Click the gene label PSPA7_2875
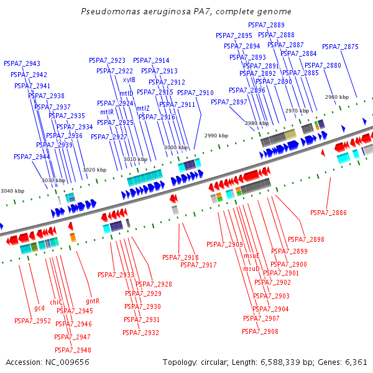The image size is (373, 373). (x=340, y=47)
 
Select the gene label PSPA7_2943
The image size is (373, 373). (x=22, y=63)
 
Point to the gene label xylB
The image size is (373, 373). (x=129, y=80)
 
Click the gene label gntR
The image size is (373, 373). (x=93, y=301)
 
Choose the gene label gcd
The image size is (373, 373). (x=39, y=308)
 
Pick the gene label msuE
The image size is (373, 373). (x=252, y=256)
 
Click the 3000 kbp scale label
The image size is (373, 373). (x=175, y=147)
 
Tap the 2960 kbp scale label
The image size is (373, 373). (x=337, y=97)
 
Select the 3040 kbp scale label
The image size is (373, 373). (x=12, y=191)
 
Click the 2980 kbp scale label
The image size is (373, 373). (x=256, y=123)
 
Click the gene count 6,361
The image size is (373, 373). (x=356, y=362)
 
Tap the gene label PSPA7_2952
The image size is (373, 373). (x=32, y=321)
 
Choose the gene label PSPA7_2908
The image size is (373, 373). (x=260, y=331)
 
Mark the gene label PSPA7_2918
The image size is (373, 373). (x=180, y=257)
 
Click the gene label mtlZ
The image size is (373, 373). (x=143, y=108)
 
